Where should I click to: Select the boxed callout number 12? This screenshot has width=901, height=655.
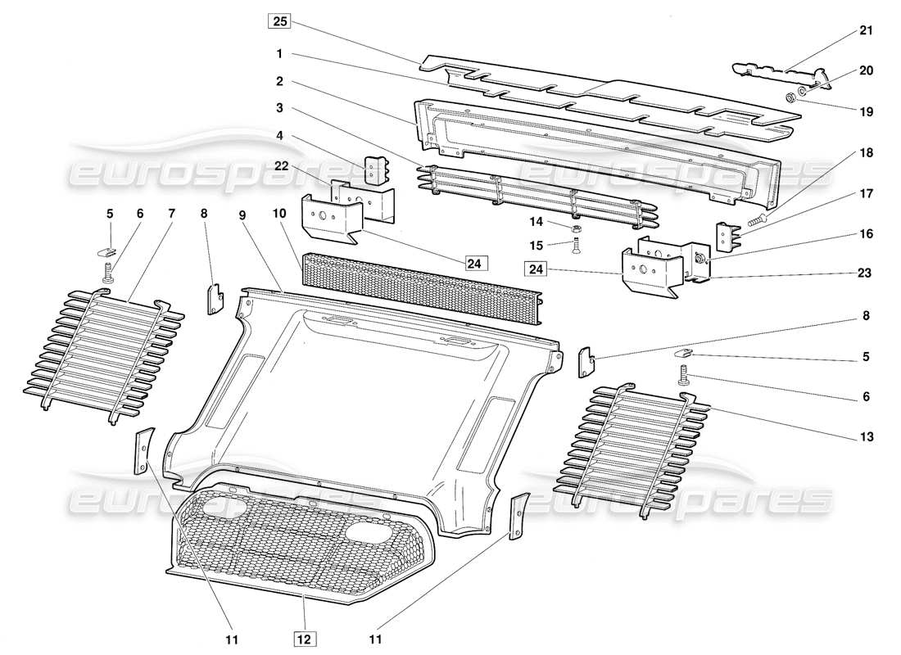pyautogui.click(x=302, y=635)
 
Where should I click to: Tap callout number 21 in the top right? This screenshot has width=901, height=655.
pyautogui.click(x=867, y=30)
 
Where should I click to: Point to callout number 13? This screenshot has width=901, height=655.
pyautogui.click(x=867, y=437)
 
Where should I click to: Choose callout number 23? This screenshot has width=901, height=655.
pyautogui.click(x=867, y=273)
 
